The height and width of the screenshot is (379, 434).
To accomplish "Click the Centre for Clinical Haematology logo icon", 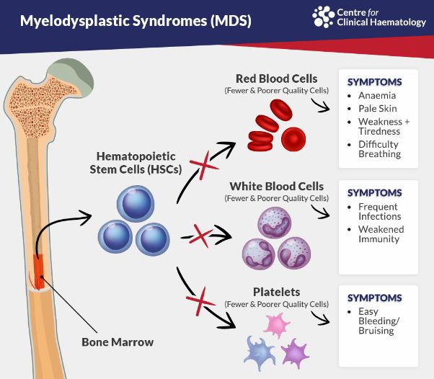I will pyautogui.click(x=322, y=16).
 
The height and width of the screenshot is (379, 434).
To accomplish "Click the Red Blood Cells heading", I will pyautogui.click(x=276, y=79).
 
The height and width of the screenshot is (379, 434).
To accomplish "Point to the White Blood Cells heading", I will pyautogui.click(x=276, y=186).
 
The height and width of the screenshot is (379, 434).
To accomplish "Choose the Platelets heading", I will pyautogui.click(x=276, y=293).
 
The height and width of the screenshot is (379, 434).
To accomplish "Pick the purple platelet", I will pyautogui.click(x=295, y=352).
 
